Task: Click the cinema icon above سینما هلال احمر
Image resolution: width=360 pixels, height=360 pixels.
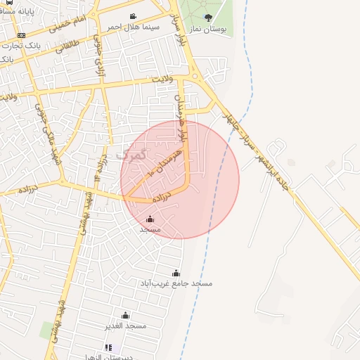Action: (x=133, y=16)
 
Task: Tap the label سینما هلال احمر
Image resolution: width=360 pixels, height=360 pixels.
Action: (x=134, y=27)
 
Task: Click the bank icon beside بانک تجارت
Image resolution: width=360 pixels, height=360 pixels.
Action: (x=21, y=35)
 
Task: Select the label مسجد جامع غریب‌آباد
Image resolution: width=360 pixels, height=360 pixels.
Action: (x=176, y=283)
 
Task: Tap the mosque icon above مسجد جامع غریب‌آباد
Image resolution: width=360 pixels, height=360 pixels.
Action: (x=176, y=273)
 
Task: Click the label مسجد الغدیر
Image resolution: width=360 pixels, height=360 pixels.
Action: (x=127, y=326)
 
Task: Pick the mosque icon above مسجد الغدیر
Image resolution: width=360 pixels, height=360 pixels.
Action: (x=126, y=315)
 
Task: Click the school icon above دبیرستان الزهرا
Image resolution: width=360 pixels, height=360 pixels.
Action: (x=108, y=347)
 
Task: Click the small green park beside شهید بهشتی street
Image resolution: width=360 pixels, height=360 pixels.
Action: (x=48, y=329)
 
